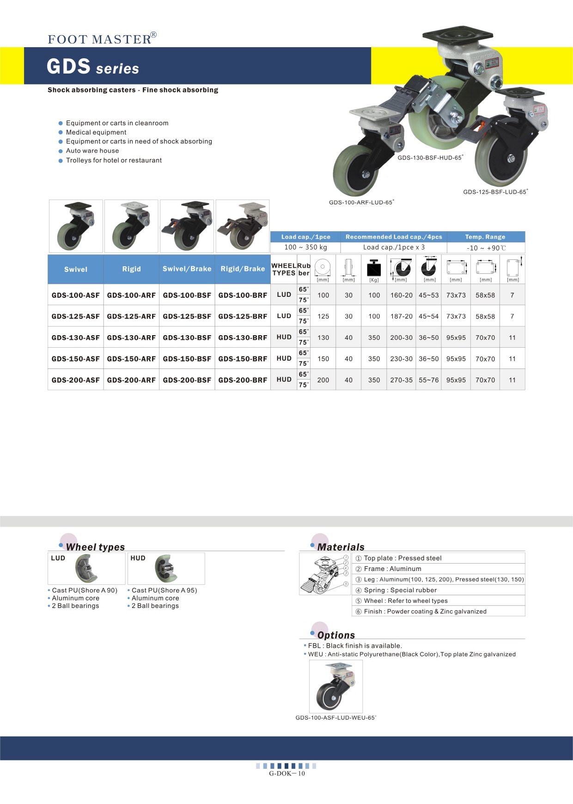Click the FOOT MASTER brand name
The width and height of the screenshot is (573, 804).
click(100, 39)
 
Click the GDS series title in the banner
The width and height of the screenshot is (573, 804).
click(93, 67)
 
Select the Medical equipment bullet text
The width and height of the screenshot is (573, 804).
click(96, 132)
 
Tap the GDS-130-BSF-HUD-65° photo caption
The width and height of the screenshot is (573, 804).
click(430, 158)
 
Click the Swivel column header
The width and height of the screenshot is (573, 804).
click(76, 269)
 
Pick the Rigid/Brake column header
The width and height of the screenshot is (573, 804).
click(243, 269)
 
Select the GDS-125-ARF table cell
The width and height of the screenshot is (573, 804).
click(131, 316)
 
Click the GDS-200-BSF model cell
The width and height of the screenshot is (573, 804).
click(187, 380)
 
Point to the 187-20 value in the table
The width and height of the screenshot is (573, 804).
click(401, 316)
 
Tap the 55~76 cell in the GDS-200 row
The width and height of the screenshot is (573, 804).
click(429, 380)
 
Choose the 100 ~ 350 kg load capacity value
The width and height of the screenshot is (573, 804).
click(305, 247)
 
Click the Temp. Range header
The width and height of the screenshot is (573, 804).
click(485, 237)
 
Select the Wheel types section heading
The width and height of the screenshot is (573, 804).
click(95, 547)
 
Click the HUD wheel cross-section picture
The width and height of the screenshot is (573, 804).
click(165, 569)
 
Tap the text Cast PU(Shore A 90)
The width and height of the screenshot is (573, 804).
click(85, 590)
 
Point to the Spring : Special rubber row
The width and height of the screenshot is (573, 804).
click(400, 590)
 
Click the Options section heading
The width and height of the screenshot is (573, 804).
click(336, 635)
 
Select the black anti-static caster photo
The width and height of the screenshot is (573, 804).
click(335, 686)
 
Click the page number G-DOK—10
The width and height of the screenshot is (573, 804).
click(287, 773)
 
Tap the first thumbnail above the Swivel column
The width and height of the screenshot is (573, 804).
click(76, 226)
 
